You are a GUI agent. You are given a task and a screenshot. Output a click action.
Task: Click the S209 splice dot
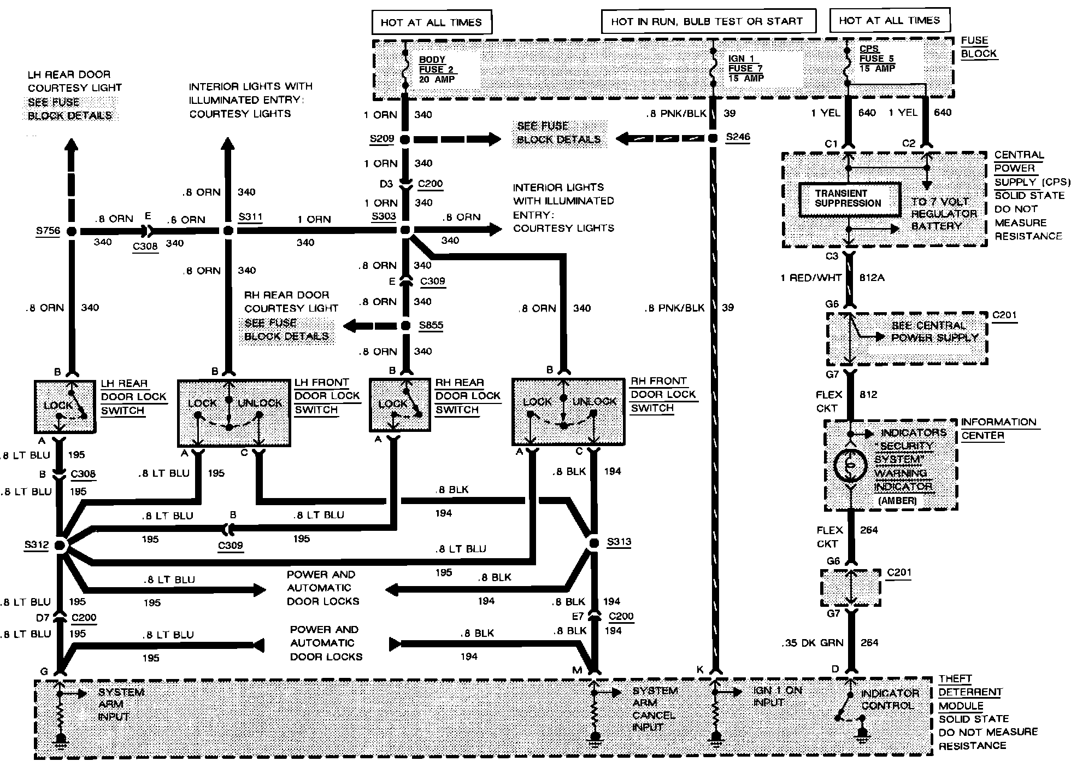405,139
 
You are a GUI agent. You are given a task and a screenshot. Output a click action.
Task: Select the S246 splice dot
713,138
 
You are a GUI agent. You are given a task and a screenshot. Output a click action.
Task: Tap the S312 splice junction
60,545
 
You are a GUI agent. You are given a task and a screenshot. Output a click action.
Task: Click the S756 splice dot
72,231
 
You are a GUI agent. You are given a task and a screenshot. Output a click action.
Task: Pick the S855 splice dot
405,326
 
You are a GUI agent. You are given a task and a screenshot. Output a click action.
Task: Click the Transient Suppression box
849,199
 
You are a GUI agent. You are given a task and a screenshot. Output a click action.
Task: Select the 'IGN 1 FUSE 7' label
745,68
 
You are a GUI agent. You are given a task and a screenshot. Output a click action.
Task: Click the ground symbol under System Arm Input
60,741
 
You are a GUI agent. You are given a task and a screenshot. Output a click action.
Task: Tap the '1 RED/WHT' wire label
811,278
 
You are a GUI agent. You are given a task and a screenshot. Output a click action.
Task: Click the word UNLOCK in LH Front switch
260,403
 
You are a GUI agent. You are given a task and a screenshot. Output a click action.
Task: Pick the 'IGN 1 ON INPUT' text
777,696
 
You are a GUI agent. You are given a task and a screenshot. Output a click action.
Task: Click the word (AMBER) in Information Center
897,500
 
